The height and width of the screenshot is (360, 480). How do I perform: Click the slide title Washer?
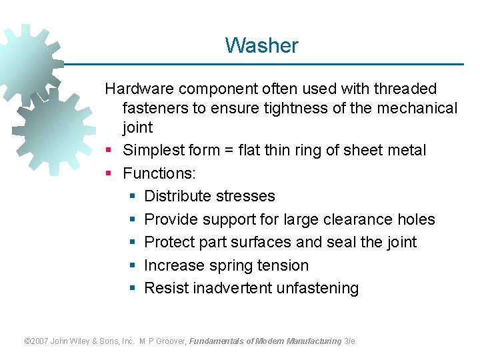[x=261, y=45]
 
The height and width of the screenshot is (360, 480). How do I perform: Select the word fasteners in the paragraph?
[x=155, y=108]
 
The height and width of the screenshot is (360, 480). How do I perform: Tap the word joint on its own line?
[x=137, y=127]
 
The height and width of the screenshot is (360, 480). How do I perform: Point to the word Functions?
[x=159, y=173]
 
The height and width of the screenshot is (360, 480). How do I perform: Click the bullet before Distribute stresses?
[x=133, y=196]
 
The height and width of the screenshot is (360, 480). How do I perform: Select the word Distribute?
[x=176, y=196]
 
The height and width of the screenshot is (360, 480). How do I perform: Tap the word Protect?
[x=169, y=242]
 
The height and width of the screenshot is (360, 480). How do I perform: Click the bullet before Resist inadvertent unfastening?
[x=133, y=288]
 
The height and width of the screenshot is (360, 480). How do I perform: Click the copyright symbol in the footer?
[x=27, y=341]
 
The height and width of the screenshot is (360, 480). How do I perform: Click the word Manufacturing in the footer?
[x=313, y=341]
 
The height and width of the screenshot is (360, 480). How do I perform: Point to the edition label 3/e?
[x=349, y=341]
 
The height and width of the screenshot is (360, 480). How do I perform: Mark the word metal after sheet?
[x=406, y=150]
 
